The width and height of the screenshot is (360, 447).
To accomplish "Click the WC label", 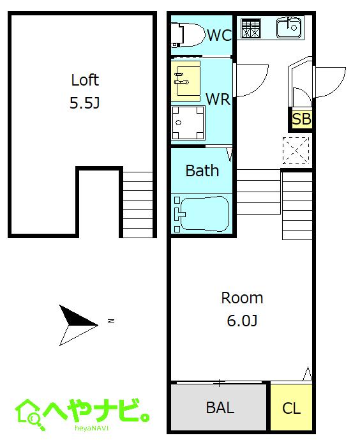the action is coord(219,35).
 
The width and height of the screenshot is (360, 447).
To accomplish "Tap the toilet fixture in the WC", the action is coord(188,34).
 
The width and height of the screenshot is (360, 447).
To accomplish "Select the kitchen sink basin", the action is coord(289,27).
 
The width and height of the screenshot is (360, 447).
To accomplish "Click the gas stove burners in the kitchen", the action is coord(251,28).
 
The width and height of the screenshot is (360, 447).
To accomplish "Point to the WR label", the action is coord(218,99).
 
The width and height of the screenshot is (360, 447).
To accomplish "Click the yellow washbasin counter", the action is coord(186,81).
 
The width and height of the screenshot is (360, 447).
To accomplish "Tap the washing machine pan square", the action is coord(188,123).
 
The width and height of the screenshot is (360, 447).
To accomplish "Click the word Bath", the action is coord(202,170).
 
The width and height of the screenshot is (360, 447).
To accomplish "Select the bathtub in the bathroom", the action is coord(202,213).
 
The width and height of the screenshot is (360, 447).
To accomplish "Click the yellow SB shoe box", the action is coord(301,119).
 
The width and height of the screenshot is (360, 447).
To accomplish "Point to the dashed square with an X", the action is coord(296,151).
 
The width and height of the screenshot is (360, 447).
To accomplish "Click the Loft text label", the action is coord(85,80).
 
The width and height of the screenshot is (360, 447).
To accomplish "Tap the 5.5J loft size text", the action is coord(85,103).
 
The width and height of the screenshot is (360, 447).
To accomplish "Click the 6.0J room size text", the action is coord(242,321).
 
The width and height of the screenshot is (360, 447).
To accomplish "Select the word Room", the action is coord(242,298).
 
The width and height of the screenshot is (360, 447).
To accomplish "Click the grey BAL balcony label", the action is coord(220,407).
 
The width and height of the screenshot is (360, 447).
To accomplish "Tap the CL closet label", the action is coord(291,408).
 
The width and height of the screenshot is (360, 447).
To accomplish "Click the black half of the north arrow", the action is coord(75,317).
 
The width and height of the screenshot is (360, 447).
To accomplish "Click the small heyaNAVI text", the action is coord(92,428).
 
